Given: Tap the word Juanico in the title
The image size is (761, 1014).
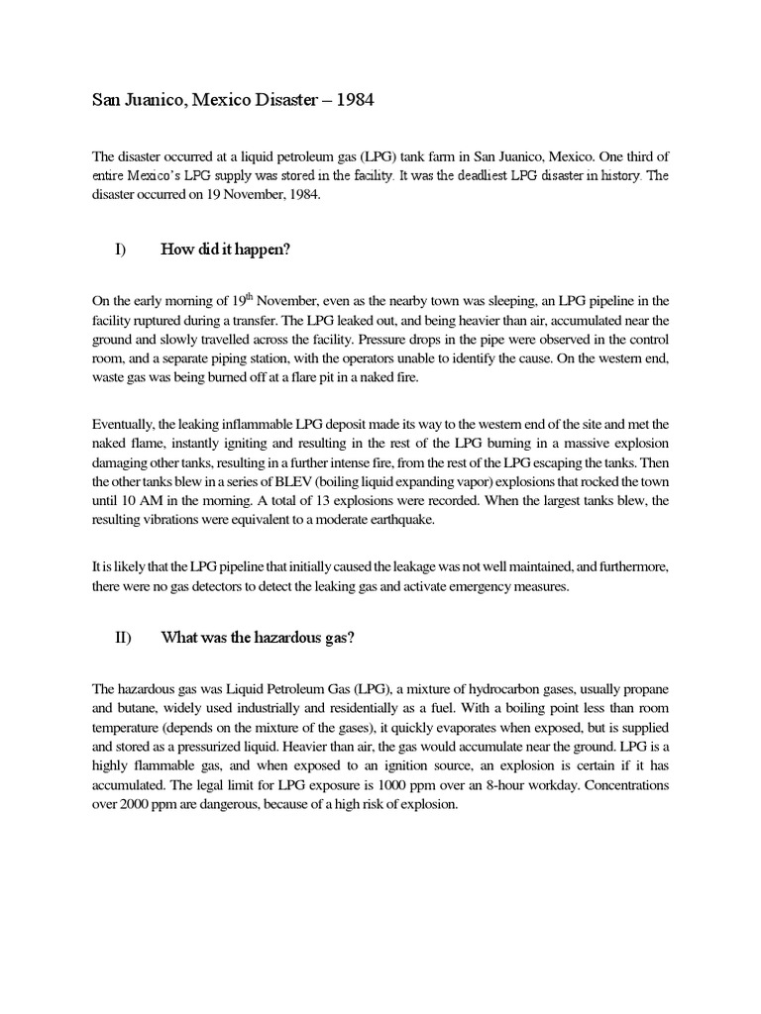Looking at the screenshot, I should [157, 102].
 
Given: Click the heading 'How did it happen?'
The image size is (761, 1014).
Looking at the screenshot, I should [225, 251].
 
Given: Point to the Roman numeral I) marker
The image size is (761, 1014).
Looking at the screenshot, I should [120, 251].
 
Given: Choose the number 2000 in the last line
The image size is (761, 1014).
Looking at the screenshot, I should [138, 804].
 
